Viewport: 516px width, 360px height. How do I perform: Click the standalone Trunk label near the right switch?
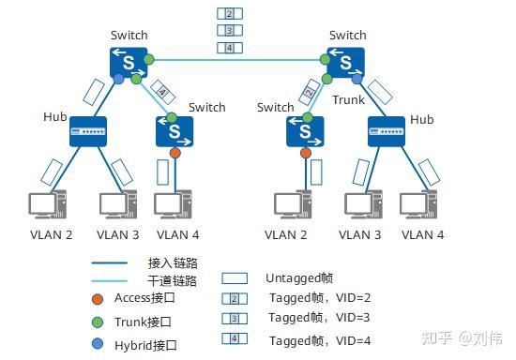(x=347, y=100)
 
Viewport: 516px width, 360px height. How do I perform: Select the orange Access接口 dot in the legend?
(x=98, y=298)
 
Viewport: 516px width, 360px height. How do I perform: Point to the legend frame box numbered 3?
(x=235, y=319)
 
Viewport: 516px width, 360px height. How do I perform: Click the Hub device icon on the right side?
(x=386, y=132)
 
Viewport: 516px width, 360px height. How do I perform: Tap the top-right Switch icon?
(x=346, y=63)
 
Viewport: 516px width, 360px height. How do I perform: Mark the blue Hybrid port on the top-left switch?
(x=118, y=81)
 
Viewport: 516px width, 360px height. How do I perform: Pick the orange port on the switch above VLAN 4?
(x=175, y=152)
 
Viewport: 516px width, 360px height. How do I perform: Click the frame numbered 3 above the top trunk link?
(x=228, y=30)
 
